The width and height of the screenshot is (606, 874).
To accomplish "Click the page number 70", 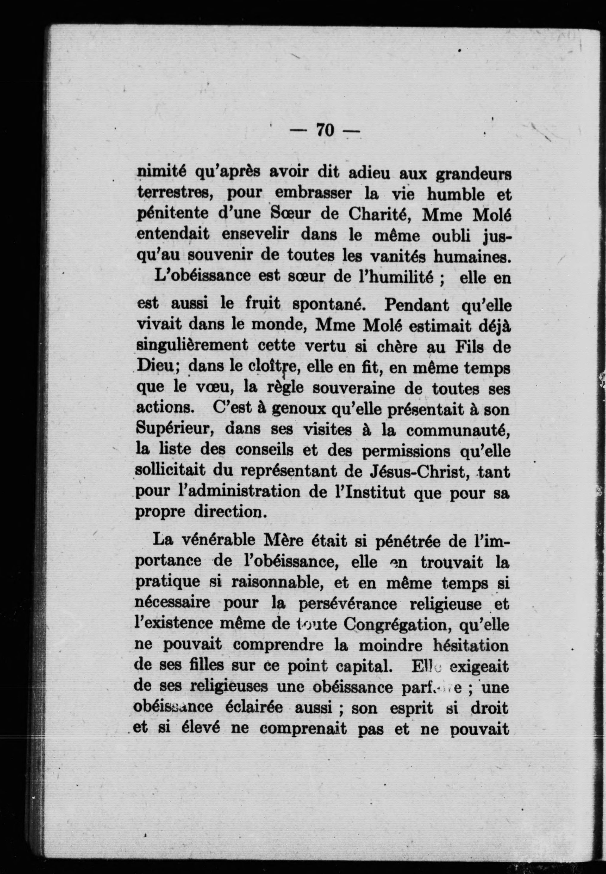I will click(325, 131).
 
